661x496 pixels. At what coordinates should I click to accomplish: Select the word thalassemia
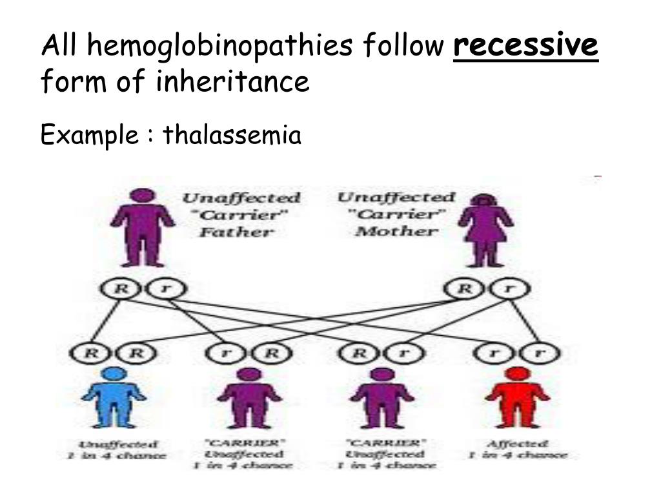pos(232,136)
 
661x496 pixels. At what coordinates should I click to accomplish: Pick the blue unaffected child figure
pos(114,397)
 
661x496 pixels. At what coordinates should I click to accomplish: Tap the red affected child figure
pos(516,397)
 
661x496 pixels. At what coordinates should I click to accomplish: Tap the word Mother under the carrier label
pos(396,231)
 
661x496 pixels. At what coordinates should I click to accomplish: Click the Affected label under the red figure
pos(517,444)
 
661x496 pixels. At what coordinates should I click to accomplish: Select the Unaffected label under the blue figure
pos(117,444)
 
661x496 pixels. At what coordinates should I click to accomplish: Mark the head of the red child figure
pos(516,373)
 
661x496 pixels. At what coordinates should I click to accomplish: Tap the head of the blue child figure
pos(114,373)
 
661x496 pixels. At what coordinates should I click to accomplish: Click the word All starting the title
pos(59,46)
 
